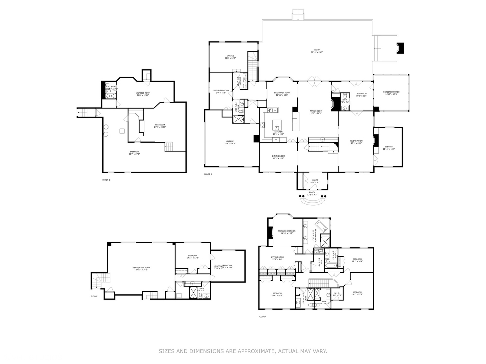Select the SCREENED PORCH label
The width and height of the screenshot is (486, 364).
pos(391,92)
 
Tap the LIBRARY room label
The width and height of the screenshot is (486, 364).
pos(389,147)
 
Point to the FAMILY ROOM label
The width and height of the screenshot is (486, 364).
pos(316,111)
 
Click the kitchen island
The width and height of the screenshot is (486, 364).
pos(277,125)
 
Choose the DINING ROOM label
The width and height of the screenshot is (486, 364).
pos(278,156)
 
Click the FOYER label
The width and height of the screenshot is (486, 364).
pos(315,180)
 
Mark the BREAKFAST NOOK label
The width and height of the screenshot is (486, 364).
pos(282,93)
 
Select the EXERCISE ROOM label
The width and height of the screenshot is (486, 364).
pos(143,93)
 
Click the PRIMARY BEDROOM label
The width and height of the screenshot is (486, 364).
pos(287,231)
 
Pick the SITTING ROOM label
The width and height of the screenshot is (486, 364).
pos(277,257)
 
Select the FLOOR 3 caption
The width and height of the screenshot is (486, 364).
pos(208,174)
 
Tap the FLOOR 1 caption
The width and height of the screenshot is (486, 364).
pos(94,296)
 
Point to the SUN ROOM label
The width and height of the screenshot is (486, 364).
pos(361,94)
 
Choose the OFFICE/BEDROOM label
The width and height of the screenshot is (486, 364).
pos(221,90)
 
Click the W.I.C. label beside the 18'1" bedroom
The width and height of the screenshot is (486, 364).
pos(337,293)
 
